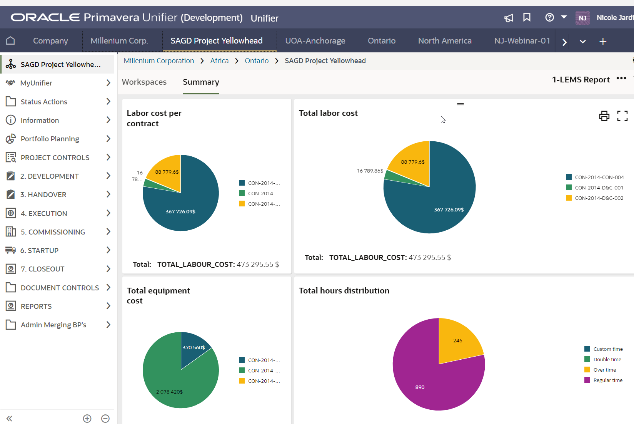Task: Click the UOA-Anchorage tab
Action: (x=315, y=41)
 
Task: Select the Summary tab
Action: (x=201, y=82)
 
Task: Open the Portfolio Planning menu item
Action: (x=50, y=139)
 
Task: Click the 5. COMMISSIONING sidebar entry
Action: (x=53, y=232)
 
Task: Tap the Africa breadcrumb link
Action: (x=219, y=61)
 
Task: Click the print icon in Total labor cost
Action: (x=604, y=116)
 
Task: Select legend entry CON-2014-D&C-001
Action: (x=599, y=188)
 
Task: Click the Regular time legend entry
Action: (x=607, y=380)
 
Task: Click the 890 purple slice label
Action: (x=420, y=387)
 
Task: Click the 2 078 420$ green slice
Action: (x=169, y=392)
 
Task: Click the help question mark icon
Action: (x=549, y=18)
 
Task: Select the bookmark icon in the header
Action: (x=527, y=18)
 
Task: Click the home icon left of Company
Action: (x=10, y=41)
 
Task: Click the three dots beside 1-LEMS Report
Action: (x=621, y=79)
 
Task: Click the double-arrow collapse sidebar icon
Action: (x=10, y=418)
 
